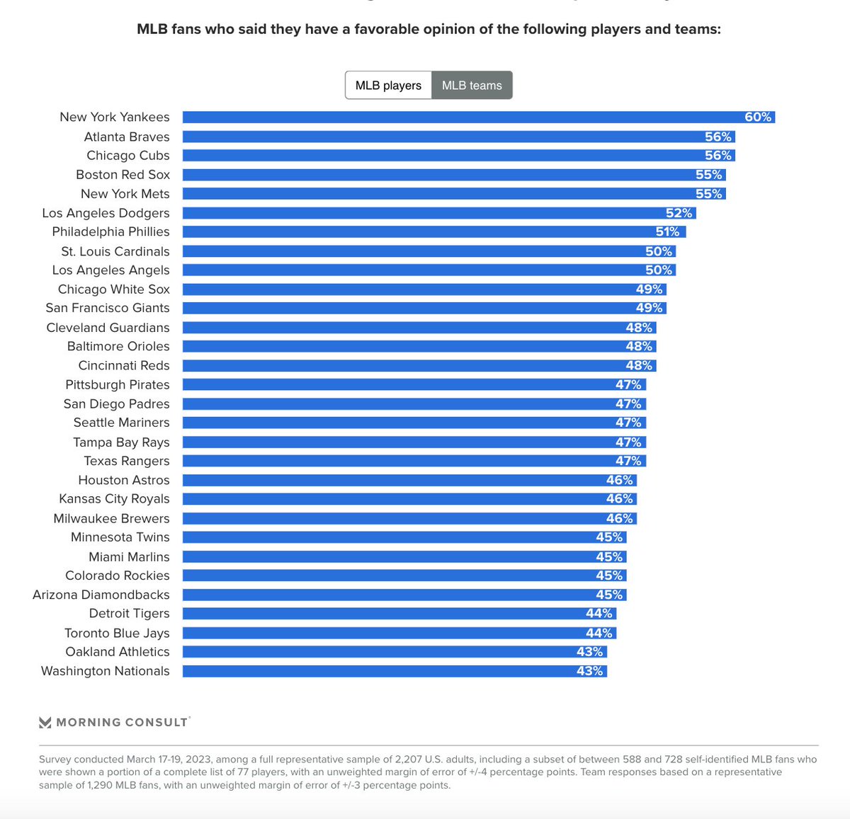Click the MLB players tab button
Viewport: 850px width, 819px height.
388,86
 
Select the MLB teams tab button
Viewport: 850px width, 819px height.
472,86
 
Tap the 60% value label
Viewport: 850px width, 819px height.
757,118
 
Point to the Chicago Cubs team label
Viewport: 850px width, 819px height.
128,156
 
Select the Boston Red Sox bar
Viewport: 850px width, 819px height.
453,175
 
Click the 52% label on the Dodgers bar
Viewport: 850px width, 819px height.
678,213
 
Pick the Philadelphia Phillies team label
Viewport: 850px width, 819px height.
111,232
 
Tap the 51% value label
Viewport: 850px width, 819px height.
667,232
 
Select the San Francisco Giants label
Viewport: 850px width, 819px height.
108,308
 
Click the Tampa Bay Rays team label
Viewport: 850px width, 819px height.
121,442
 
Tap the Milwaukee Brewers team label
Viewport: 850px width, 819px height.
112,519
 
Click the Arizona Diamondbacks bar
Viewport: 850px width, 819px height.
404,595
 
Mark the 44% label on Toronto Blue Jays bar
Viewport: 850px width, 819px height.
599,634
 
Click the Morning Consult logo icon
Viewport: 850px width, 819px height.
45,723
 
